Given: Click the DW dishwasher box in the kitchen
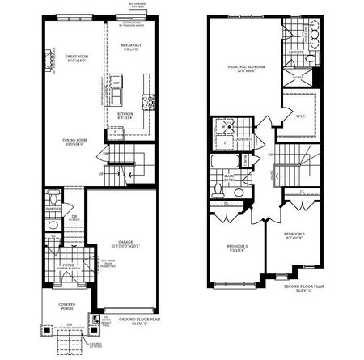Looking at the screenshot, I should pos(116,83).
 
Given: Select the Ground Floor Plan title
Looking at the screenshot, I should pos(140,320).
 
